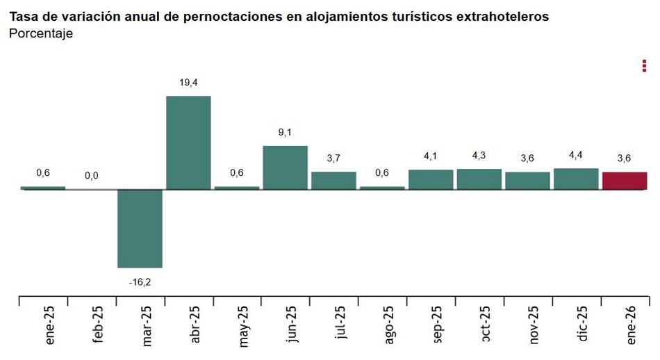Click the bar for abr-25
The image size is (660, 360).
tap(188, 142)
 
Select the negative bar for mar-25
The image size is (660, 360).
tap(140, 228)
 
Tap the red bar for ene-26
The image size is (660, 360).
tap(625, 181)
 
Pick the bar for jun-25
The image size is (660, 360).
tap(285, 167)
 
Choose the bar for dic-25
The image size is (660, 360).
tap(576, 179)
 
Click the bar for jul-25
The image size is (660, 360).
tap(333, 181)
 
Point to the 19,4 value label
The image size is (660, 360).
tap(188, 83)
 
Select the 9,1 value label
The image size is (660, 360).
tap(285, 132)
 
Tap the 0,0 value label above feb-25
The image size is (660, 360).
tap(92, 177)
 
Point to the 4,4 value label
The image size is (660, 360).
tap(576, 155)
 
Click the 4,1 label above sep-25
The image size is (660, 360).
tap(431, 156)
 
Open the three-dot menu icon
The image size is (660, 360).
tap(645, 66)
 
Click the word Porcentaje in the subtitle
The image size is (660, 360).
tap(41, 33)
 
